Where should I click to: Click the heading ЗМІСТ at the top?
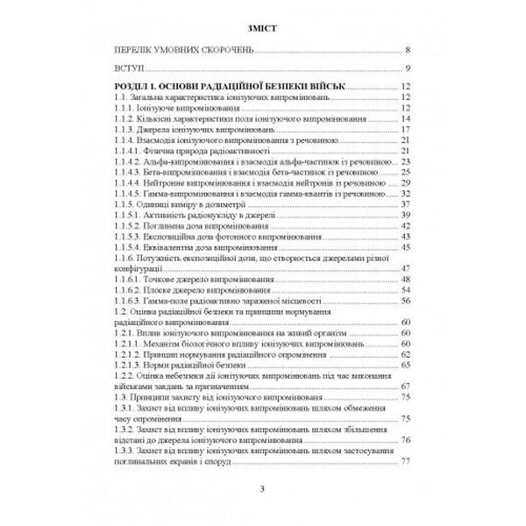point(262,27)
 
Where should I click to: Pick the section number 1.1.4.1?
point(130,151)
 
